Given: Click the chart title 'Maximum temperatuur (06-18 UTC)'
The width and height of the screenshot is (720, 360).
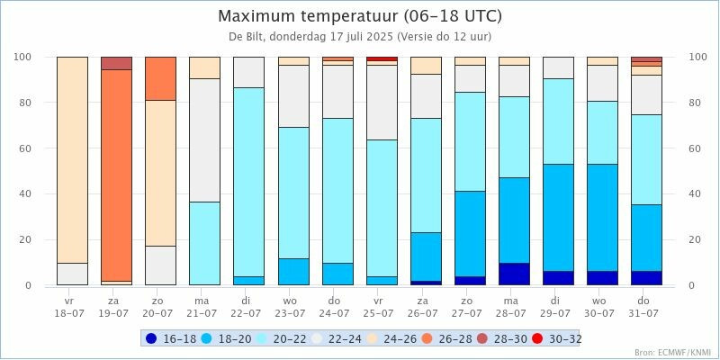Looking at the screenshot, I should (360, 16).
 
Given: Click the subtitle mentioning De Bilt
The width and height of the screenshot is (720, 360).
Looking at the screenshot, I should (360, 37).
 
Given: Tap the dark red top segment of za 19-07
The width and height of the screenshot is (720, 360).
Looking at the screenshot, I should (116, 63).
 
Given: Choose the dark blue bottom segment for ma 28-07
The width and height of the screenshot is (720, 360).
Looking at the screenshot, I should (514, 274).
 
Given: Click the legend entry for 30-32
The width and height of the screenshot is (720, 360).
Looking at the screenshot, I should (559, 338).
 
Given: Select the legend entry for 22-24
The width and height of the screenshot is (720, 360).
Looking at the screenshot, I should (337, 338).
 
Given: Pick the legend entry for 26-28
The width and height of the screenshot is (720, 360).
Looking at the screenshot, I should (448, 338).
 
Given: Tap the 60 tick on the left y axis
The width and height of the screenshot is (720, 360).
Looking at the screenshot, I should (25, 148).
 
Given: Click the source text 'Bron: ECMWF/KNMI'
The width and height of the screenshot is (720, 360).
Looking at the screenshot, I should (672, 353).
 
